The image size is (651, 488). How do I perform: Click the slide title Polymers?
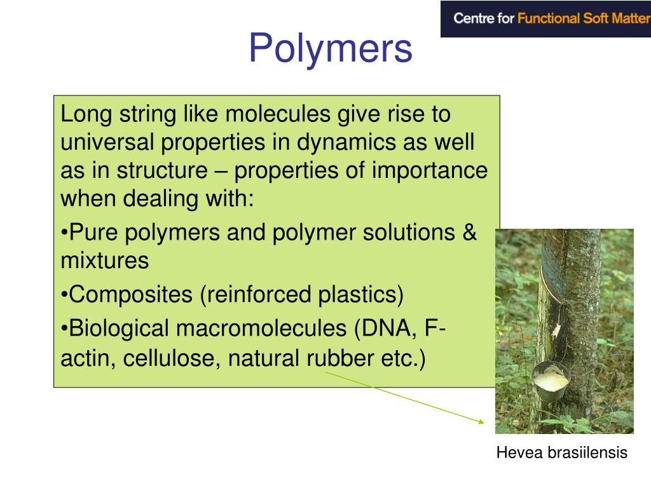pos(330,49)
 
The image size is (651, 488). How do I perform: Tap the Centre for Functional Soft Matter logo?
pos(545,19)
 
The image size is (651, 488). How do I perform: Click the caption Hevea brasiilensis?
pos(561,453)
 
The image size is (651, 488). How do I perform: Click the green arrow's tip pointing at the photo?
pos(484,422)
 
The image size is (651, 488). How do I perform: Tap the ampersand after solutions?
pos(469,233)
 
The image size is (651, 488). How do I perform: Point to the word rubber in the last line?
pos(339,358)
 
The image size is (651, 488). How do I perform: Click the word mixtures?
pos(105,261)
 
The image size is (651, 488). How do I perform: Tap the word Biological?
pos(119,329)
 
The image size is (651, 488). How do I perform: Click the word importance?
pos(430,170)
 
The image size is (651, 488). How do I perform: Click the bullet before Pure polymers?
pos(65,233)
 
